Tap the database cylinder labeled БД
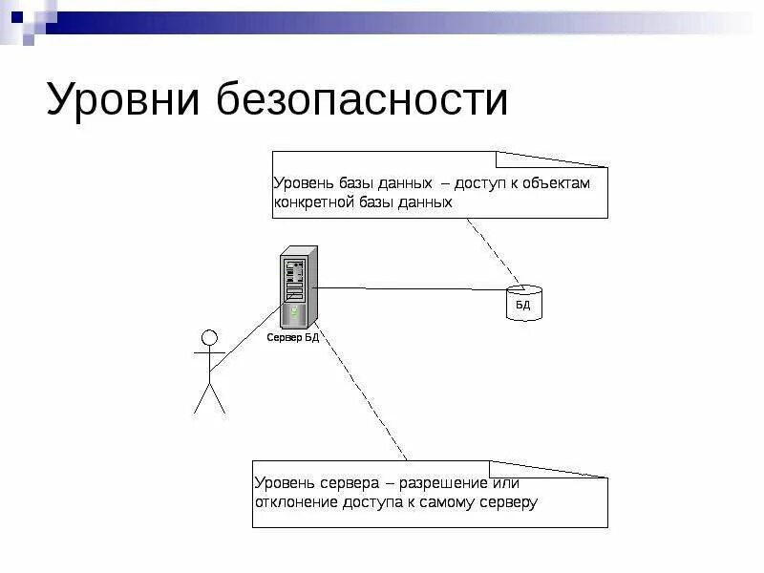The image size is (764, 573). point(522,303)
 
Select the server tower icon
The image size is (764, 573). point(297,287)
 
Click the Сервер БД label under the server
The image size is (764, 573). point(293,338)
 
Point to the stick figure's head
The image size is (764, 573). point(209,337)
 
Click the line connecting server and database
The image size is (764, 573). point(411,287)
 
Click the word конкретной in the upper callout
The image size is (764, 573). point(313,202)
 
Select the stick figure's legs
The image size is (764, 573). point(209,396)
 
